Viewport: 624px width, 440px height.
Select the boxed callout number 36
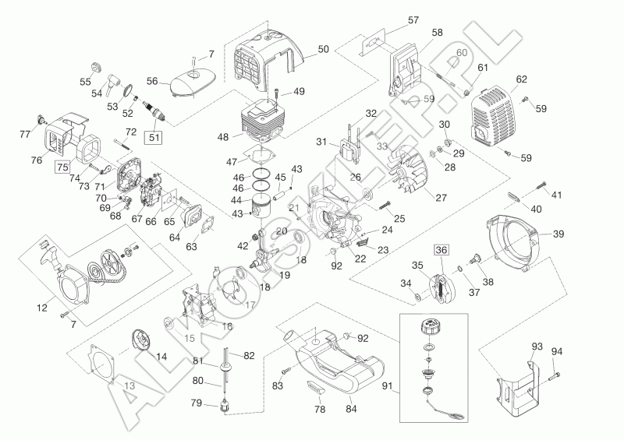[x=442, y=251]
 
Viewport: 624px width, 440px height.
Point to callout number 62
[x=521, y=79]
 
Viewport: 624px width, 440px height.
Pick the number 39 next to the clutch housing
[x=558, y=234]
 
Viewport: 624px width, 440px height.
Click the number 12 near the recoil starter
[x=42, y=308]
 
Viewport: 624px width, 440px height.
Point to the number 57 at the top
[x=413, y=19]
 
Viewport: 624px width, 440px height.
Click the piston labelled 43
[x=269, y=209]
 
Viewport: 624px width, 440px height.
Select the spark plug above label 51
[x=161, y=116]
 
